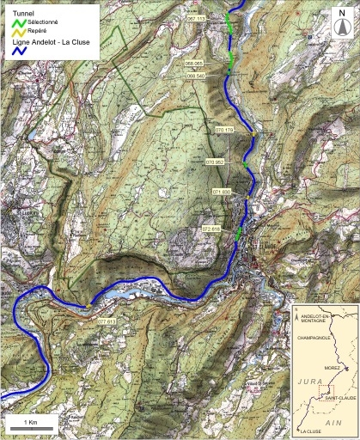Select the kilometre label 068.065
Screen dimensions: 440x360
pyautogui.click(x=195, y=64)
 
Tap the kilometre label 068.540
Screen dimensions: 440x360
pyautogui.click(x=195, y=76)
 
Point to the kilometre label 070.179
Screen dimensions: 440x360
pyautogui.click(x=225, y=130)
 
